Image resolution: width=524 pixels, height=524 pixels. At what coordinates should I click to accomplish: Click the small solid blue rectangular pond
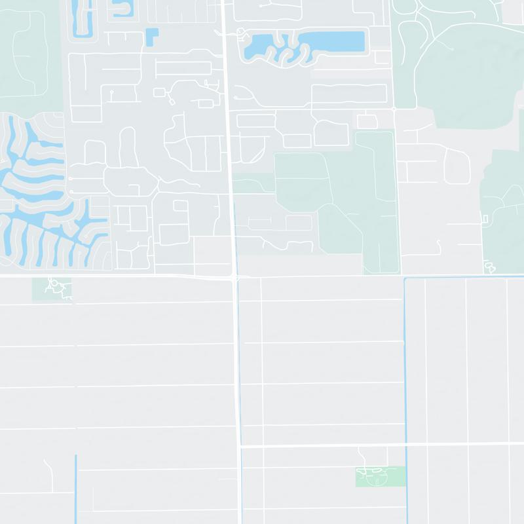[x=152, y=36]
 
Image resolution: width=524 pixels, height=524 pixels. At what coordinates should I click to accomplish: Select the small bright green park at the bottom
[x=380, y=477]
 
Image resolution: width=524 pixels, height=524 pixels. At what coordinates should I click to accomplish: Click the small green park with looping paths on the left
[x=52, y=288]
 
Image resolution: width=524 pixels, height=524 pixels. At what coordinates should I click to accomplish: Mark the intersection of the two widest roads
[x=234, y=276]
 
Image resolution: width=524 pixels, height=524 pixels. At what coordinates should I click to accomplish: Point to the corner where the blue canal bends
[x=406, y=279]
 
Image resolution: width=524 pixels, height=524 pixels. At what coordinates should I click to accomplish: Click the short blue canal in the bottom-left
[x=76, y=488]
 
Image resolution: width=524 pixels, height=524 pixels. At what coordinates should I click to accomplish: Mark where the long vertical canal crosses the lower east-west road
[x=406, y=445]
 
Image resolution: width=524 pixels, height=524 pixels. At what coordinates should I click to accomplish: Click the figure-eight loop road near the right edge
[x=489, y=267]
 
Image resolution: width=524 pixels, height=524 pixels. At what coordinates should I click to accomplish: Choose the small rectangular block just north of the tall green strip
[x=367, y=121]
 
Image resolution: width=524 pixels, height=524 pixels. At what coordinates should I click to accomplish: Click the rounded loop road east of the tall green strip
[x=457, y=166]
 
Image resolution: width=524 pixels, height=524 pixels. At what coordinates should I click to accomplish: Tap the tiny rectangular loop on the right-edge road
[x=485, y=218]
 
